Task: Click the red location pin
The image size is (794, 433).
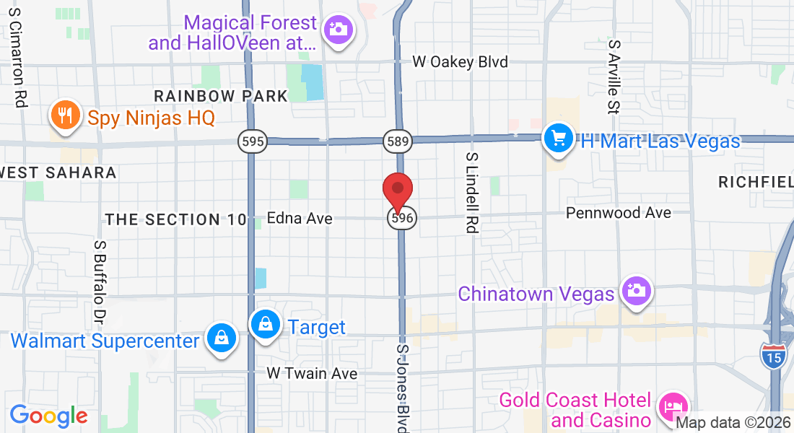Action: [x=397, y=191]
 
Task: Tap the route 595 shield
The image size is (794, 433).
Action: [x=253, y=141]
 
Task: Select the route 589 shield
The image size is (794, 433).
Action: [x=397, y=141]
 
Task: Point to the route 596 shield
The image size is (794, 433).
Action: [x=402, y=217]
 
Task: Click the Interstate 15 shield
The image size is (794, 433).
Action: [x=772, y=357]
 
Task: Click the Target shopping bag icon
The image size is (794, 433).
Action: [x=266, y=325]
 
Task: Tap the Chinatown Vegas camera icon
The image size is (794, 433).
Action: [x=637, y=291]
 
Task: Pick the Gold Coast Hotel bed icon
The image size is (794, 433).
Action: [x=674, y=408]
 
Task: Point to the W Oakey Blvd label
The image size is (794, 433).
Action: [x=460, y=62]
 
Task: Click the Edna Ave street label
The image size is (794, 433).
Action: [x=300, y=218]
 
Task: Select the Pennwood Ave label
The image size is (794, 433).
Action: [x=619, y=213]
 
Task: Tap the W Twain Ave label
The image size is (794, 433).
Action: [x=312, y=374]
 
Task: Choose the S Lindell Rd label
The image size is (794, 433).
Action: [x=473, y=193]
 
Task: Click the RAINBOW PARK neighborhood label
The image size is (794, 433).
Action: [x=221, y=95]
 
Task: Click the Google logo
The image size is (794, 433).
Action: [x=48, y=416]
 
